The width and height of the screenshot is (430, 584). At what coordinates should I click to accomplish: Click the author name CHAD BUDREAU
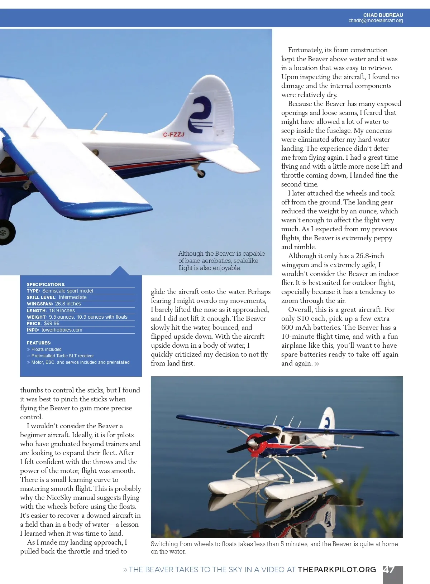(383, 15)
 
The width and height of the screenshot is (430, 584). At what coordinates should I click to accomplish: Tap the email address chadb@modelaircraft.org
(376, 21)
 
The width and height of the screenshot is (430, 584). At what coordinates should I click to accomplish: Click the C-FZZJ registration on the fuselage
(173, 135)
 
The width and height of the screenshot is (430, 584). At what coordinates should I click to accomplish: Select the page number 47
(389, 570)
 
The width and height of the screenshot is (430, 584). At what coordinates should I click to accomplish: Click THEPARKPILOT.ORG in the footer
(337, 570)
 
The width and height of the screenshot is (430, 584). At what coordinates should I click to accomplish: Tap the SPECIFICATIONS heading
(46, 284)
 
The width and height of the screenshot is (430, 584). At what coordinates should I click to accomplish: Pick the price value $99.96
(52, 323)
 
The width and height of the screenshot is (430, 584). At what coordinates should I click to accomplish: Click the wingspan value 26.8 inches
(68, 304)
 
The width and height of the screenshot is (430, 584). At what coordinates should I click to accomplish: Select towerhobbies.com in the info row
(62, 330)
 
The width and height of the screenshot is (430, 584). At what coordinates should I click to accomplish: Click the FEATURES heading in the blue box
(39, 343)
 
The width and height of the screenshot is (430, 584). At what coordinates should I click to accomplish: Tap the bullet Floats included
(46, 349)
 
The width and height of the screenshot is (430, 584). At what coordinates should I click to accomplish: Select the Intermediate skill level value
(72, 297)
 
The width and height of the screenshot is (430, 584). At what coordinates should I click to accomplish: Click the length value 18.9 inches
(62, 310)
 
